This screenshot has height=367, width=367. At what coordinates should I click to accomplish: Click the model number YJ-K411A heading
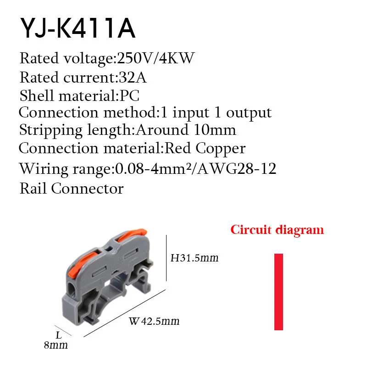(78, 28)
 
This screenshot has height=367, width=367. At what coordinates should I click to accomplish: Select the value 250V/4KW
(156, 58)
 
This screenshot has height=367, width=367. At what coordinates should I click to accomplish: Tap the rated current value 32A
(133, 77)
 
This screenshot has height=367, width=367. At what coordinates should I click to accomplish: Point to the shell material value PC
(129, 95)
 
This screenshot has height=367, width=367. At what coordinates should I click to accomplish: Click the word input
(191, 113)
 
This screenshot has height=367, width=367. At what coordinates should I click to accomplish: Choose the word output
(249, 113)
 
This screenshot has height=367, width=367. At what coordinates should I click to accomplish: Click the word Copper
(221, 149)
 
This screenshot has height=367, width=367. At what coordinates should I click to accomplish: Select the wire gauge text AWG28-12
(237, 168)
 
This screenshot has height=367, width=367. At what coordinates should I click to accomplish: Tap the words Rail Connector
(72, 189)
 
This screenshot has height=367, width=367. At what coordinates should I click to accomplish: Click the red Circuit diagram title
(277, 230)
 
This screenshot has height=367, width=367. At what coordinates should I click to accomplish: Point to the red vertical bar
(278, 292)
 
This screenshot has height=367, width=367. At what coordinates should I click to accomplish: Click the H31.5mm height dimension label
(194, 258)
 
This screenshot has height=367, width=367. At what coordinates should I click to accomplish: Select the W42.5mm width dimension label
(154, 321)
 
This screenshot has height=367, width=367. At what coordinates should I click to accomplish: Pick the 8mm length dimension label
(56, 345)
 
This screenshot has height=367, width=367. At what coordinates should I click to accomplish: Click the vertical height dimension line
(166, 258)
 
